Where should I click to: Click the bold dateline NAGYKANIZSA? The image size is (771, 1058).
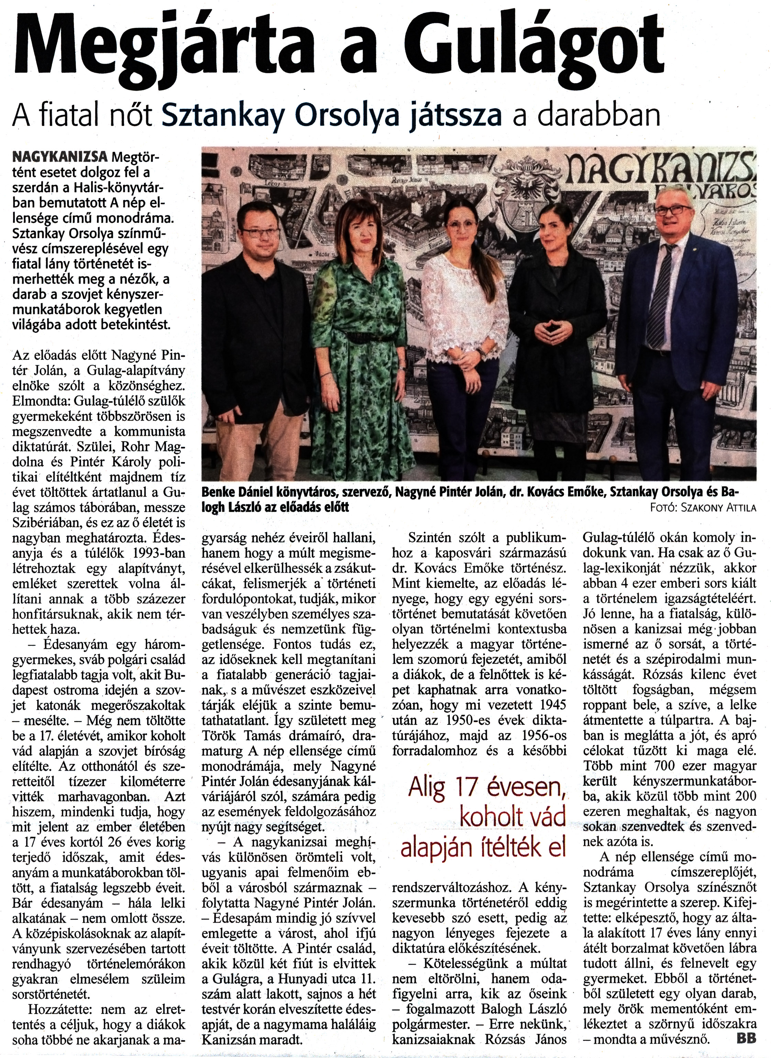pyautogui.click(x=60, y=157)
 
